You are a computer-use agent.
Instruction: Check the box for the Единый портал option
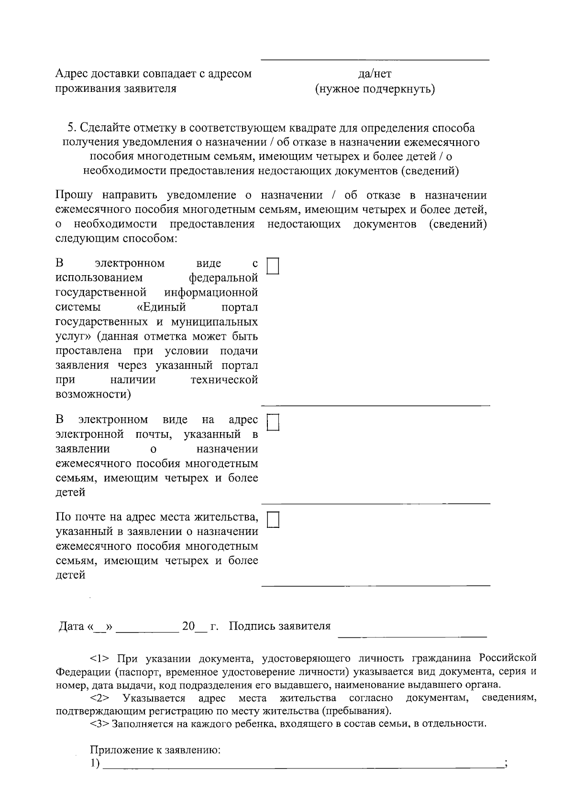273,266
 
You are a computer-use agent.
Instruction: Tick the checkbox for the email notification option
273,422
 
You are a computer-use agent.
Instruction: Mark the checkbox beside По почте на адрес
273,520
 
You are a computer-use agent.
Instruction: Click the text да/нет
375,74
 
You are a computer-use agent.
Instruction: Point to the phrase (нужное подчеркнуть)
375,89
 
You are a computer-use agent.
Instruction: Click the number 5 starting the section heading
71,128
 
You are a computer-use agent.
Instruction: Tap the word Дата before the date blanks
71,626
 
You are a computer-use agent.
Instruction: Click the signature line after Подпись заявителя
412,635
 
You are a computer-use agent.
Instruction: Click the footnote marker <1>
99,658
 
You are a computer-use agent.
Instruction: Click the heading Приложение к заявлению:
155,750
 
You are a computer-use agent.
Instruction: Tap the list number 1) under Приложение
95,764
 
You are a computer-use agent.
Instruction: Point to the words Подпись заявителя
280,626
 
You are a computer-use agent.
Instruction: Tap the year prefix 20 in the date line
188,626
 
